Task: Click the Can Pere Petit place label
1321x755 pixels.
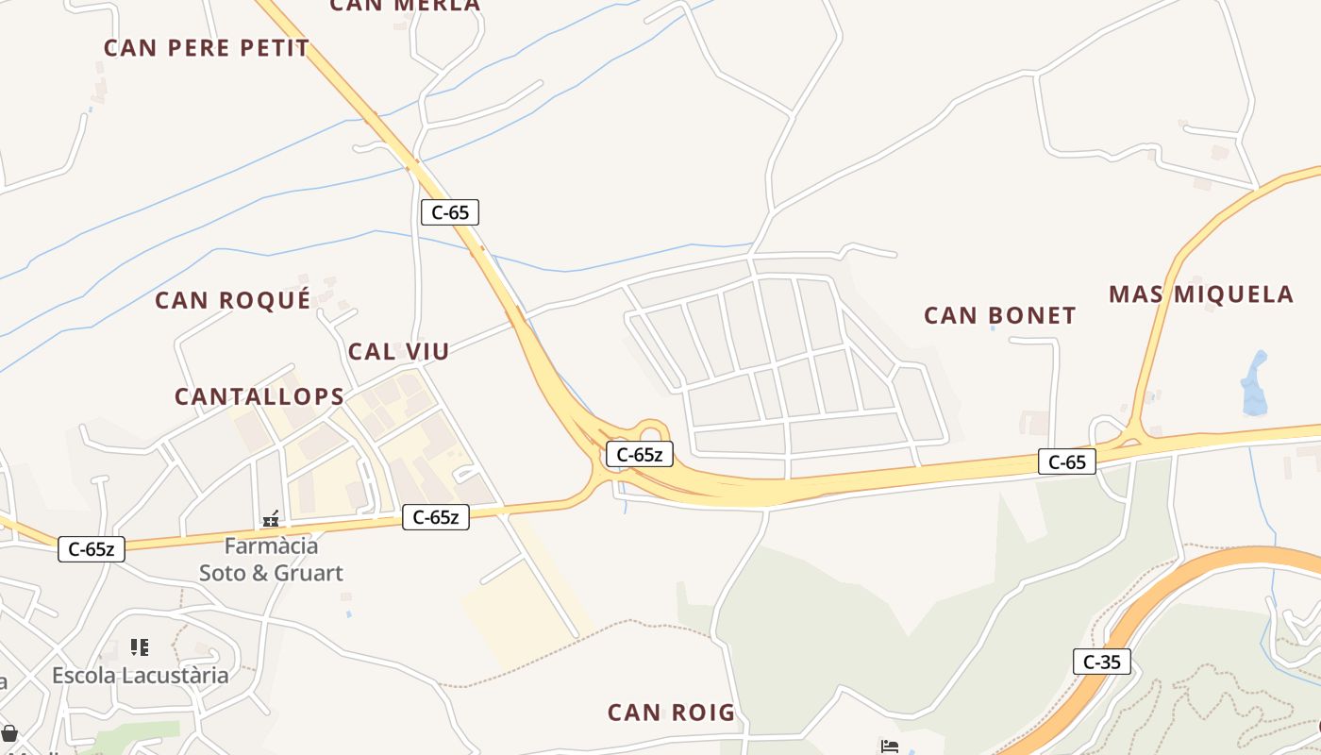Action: (207, 48)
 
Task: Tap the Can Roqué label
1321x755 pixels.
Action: (232, 301)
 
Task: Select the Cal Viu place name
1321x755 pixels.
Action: (398, 352)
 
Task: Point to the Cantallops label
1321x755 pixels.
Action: (259, 397)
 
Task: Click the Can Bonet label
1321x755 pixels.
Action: (1000, 316)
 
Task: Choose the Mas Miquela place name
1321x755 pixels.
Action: (1200, 294)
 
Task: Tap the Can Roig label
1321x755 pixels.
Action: (671, 713)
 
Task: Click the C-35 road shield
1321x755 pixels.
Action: (1101, 662)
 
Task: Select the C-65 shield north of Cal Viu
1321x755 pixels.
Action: (450, 212)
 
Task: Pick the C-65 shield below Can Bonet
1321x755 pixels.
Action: (1067, 461)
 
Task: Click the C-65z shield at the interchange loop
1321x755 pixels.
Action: (639, 455)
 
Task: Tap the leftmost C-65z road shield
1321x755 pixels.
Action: (92, 549)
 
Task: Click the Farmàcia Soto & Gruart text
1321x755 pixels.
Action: (271, 559)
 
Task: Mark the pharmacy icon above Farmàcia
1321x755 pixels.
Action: (271, 518)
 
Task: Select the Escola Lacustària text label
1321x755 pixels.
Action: (141, 676)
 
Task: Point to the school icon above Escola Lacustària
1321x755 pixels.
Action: (140, 647)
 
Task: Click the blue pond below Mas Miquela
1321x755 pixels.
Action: (1255, 384)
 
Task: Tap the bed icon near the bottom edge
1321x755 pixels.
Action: (889, 747)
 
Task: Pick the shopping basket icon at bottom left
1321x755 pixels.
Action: (9, 733)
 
